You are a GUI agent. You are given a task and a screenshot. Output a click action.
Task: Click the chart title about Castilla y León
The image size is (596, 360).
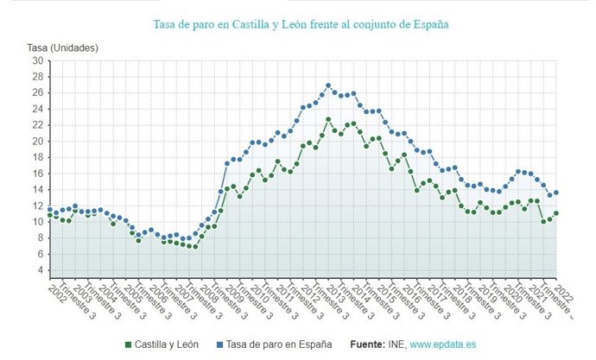pyautogui.click(x=301, y=25)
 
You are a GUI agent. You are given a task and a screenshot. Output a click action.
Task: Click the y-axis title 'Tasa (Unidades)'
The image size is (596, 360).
pyautogui.click(x=63, y=47)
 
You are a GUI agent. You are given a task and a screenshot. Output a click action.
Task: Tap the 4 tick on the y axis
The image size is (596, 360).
pyautogui.click(x=38, y=271)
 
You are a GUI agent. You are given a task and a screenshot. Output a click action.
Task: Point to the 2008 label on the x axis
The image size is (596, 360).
pyautogui.click(x=210, y=293)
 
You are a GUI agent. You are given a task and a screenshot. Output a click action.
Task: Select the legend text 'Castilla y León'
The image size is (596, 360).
pyautogui.click(x=168, y=344)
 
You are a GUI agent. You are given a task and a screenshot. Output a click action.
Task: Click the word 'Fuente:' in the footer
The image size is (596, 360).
pyautogui.click(x=368, y=344)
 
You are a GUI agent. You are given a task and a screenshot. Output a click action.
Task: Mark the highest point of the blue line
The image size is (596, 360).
pyautogui.click(x=328, y=85)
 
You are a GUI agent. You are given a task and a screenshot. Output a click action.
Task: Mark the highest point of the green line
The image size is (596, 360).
pyautogui.click(x=328, y=119)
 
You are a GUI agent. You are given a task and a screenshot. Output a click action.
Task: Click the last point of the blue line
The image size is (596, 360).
pyautogui.click(x=556, y=193)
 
